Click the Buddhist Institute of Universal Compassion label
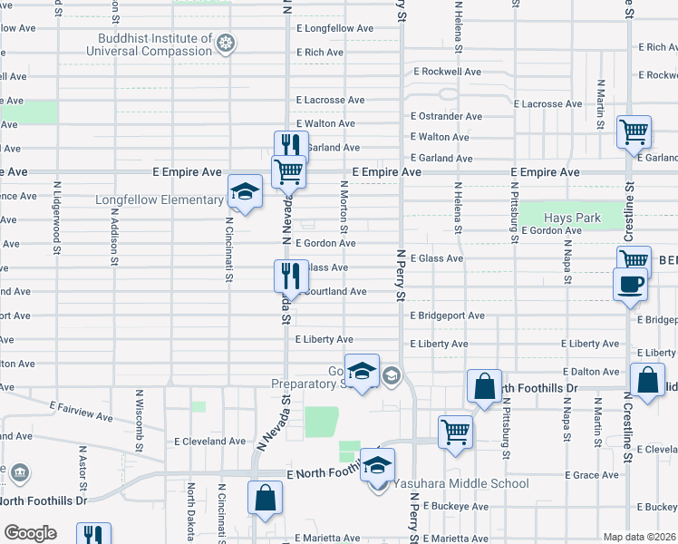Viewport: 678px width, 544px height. coord(156,44)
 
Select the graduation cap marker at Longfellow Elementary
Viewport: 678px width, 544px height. coord(243,191)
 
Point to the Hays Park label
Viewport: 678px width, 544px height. coord(572,219)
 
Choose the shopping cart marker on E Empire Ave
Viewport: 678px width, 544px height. coord(288,170)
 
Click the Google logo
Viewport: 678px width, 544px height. coord(29,533)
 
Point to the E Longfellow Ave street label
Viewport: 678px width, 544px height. coord(334,28)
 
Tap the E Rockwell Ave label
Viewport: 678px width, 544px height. coord(450,71)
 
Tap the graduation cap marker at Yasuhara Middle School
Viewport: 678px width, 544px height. coord(378,465)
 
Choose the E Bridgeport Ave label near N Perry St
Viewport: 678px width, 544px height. coord(447,316)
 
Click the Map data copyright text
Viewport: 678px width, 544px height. coord(639,537)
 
